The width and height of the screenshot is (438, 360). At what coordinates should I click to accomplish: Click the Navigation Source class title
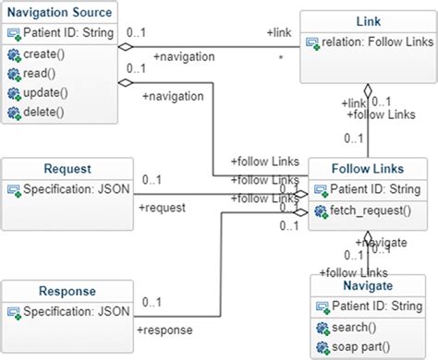[x=59, y=13]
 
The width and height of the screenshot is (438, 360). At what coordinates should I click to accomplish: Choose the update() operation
[x=46, y=93]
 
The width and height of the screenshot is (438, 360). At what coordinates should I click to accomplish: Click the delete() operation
[x=44, y=113]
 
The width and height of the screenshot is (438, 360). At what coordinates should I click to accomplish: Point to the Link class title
[x=368, y=19]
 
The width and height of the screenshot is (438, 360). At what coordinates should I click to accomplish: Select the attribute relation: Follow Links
[x=374, y=42]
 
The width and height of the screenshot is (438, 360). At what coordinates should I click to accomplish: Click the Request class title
[x=67, y=169]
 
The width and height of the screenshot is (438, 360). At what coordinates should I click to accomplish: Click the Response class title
[x=67, y=291]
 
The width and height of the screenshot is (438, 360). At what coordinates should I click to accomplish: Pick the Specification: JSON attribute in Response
[x=74, y=312]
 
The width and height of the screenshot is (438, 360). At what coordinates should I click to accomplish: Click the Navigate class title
[x=368, y=286]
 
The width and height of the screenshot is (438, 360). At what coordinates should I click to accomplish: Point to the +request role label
[x=162, y=208]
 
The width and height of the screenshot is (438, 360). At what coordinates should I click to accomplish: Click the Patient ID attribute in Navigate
[x=374, y=306]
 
